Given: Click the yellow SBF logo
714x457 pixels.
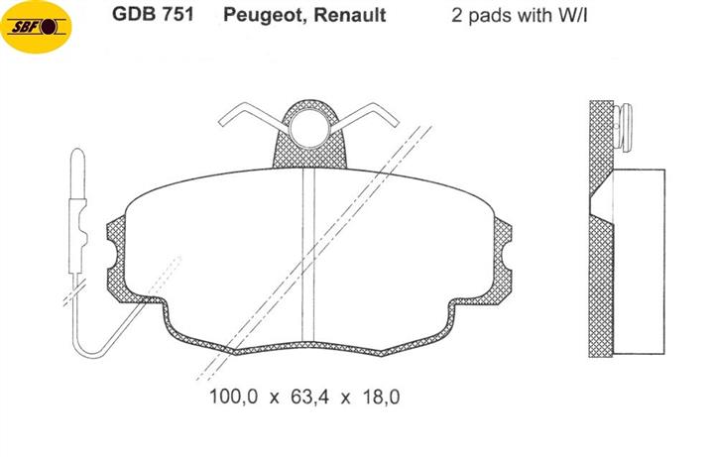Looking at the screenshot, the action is click(x=36, y=27).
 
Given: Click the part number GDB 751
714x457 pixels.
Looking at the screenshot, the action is click(x=153, y=14).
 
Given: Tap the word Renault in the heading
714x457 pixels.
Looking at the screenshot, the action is click(x=350, y=15).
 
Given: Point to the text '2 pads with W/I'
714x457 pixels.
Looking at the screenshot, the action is click(x=519, y=15).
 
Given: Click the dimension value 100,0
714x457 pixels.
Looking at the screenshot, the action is click(x=233, y=397).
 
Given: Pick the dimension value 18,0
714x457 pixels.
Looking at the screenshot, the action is click(x=381, y=397).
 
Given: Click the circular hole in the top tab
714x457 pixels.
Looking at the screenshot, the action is click(x=309, y=128).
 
